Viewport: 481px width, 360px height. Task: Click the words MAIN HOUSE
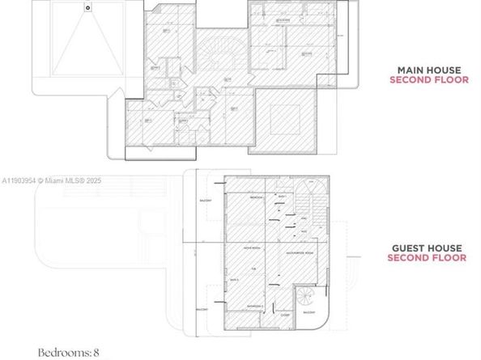point(428,70)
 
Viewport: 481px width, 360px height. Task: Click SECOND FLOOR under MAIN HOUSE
point(428,80)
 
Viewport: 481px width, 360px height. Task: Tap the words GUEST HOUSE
point(428,248)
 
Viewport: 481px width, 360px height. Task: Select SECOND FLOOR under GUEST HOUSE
point(427,259)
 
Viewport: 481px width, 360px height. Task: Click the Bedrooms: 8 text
point(70,353)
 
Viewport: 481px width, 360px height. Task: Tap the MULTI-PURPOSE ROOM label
point(300,251)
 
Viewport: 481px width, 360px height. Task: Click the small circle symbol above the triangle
point(87,6)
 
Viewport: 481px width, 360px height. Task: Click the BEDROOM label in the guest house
point(256,197)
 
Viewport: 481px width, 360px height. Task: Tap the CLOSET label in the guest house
point(285,316)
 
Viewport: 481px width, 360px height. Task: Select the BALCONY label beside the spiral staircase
point(309,312)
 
